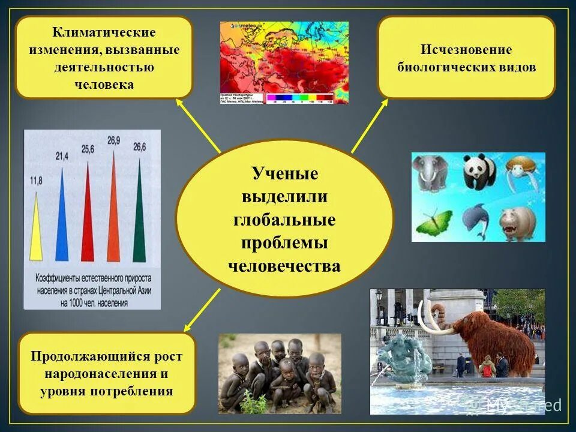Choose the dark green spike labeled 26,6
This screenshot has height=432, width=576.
click(x=139, y=216)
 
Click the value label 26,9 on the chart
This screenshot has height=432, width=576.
click(x=113, y=141)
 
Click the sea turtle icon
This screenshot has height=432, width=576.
click(x=520, y=172)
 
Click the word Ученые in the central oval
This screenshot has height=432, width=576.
click(x=284, y=174)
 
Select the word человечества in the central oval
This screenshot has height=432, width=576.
click(x=284, y=265)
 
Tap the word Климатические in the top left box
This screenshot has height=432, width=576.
click(x=104, y=32)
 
